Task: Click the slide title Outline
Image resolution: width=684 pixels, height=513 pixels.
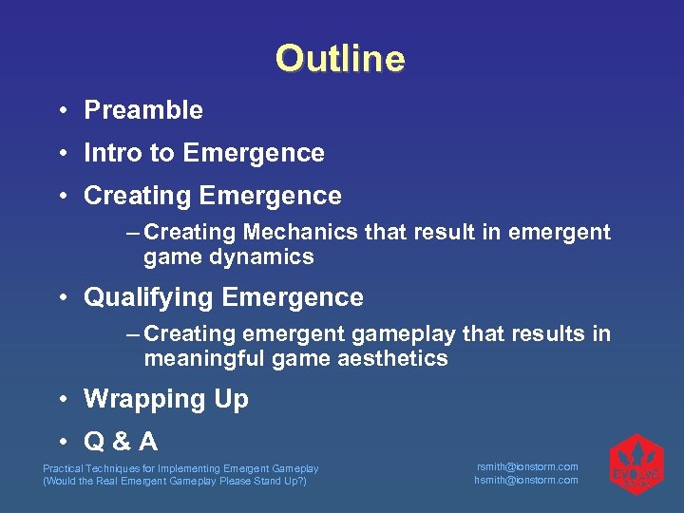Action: pos(340,59)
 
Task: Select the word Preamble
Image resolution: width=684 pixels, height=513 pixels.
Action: pos(143,110)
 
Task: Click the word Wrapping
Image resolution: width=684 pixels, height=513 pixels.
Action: pos(139,399)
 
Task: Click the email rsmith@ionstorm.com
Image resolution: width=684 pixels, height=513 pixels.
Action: pos(526,466)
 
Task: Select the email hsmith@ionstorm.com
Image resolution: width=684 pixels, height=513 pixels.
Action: pos(526,480)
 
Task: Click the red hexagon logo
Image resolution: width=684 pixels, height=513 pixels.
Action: pos(635,465)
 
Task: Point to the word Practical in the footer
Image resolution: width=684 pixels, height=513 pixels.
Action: pos(62,468)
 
